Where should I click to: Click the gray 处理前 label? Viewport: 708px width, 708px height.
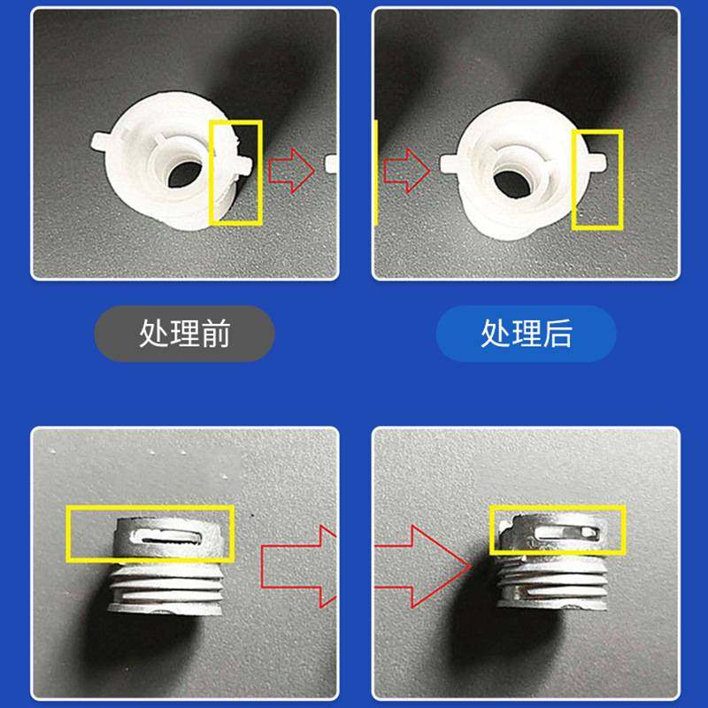[184, 334]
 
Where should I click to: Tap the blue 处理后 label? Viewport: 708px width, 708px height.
[526, 334]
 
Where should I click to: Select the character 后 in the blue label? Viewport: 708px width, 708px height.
[557, 334]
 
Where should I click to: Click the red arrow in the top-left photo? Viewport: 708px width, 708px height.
[291, 168]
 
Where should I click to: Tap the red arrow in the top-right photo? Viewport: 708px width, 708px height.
[406, 168]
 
